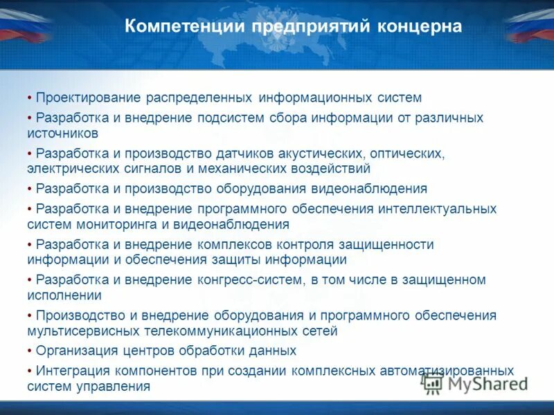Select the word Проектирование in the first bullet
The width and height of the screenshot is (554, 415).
pyautogui.click(x=89, y=98)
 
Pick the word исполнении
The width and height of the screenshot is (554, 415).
pyautogui.click(x=65, y=295)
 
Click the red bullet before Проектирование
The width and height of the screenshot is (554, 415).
pyautogui.click(x=30, y=98)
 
